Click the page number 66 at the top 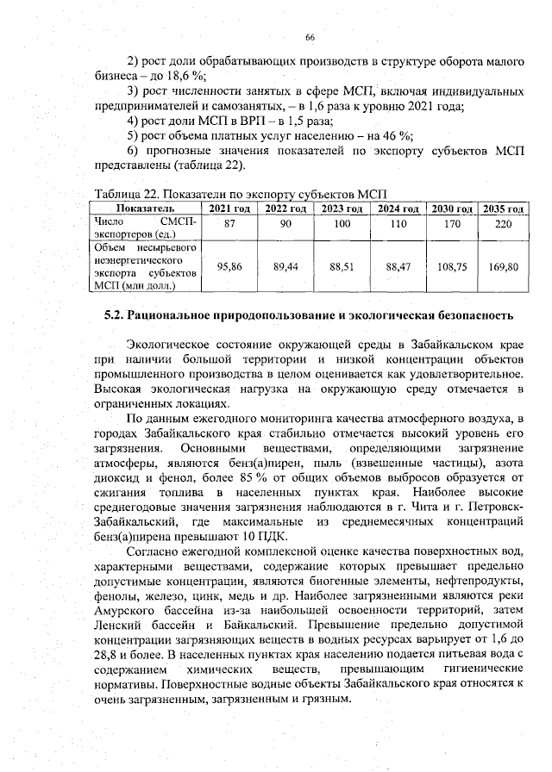[x=310, y=37]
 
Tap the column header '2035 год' [x=505, y=209]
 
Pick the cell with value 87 [x=230, y=223]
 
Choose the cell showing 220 [x=505, y=223]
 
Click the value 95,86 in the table [x=230, y=267]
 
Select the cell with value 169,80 [x=505, y=267]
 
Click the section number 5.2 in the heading [x=115, y=313]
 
